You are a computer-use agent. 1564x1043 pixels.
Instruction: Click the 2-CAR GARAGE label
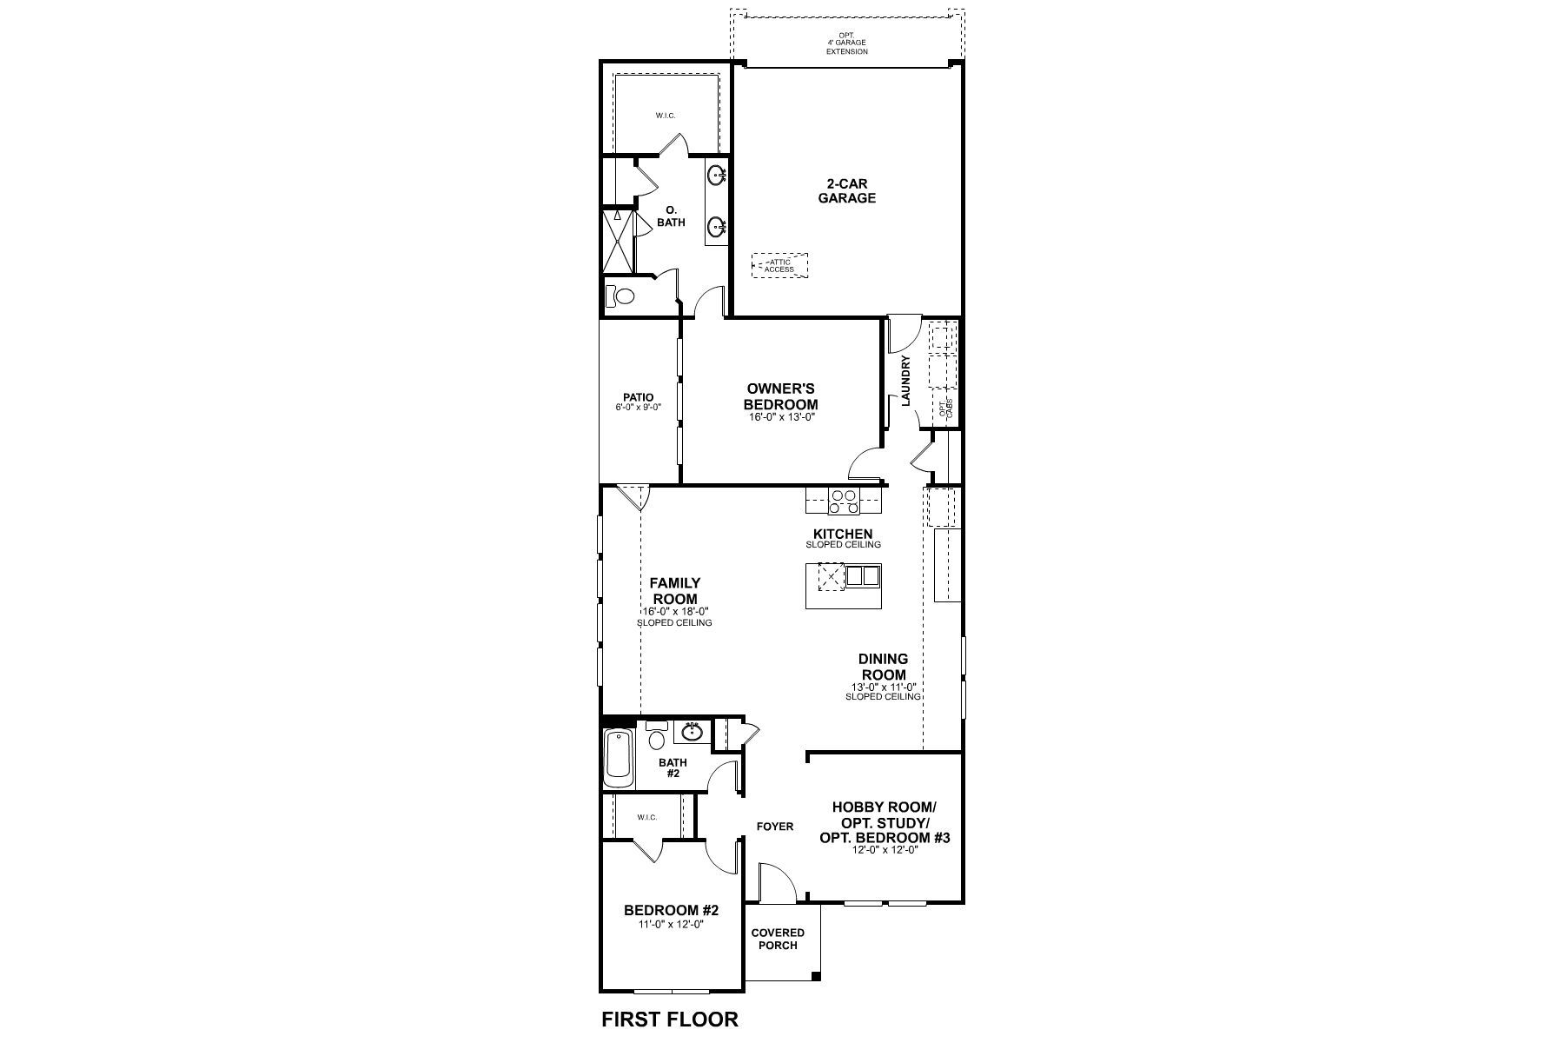click(x=851, y=191)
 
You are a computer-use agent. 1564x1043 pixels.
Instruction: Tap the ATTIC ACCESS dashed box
click(x=779, y=266)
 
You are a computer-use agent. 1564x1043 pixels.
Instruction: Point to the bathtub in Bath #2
click(x=619, y=755)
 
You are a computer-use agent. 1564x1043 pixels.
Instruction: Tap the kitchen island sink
click(x=863, y=575)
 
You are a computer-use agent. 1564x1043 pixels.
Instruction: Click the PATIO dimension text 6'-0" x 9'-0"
click(x=638, y=407)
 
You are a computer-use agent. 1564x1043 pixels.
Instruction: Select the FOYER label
click(x=774, y=827)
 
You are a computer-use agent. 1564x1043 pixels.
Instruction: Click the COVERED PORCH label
click(x=778, y=939)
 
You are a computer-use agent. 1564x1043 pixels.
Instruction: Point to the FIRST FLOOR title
click(x=669, y=1020)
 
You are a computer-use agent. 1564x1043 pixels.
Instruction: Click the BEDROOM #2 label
click(x=671, y=911)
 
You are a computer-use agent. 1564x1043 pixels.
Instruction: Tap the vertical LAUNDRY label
click(x=905, y=381)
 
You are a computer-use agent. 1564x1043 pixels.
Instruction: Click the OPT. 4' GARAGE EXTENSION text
click(x=846, y=43)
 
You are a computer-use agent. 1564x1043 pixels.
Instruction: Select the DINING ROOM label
click(x=884, y=667)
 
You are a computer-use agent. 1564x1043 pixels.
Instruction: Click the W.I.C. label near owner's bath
click(x=666, y=116)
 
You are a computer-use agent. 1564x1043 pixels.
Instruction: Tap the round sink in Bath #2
click(x=692, y=733)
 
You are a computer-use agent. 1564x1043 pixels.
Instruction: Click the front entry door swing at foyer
click(x=777, y=882)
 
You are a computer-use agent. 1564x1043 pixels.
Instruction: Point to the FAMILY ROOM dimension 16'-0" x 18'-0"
click(x=673, y=612)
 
